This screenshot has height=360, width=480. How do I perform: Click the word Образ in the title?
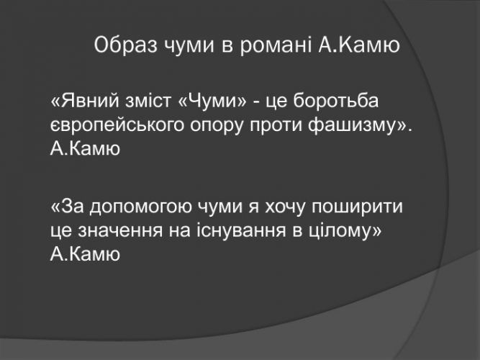125,45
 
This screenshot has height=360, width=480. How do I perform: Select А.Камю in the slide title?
359,45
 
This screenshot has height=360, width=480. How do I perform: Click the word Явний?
90,101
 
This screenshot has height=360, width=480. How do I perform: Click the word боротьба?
336,101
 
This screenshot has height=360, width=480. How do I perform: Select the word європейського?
117,125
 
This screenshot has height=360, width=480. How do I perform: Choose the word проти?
276,125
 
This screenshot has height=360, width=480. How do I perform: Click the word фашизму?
351,125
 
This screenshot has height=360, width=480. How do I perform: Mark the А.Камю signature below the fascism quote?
85,149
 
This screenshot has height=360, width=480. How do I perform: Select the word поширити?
357,207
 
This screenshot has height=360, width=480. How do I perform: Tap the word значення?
120,231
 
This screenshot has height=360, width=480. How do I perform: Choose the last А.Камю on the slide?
85,254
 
